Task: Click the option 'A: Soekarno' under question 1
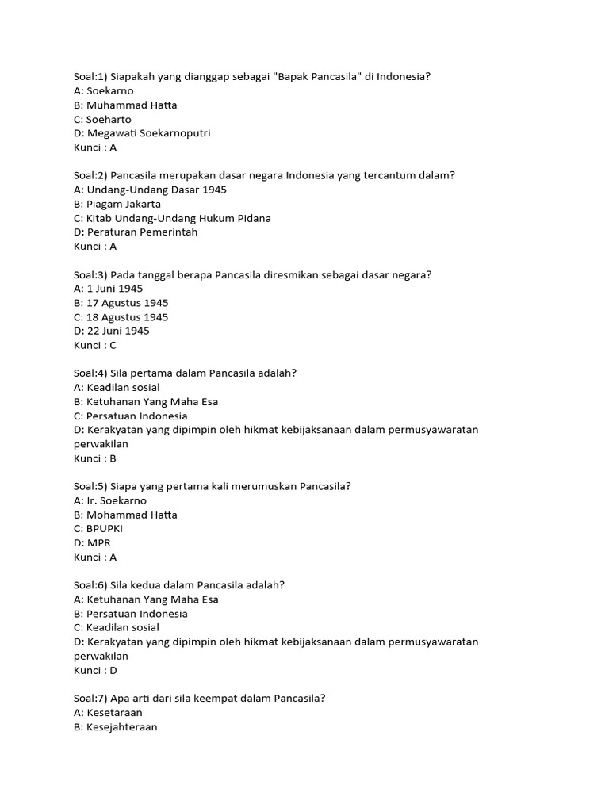click(104, 91)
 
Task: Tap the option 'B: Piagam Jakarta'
click(117, 204)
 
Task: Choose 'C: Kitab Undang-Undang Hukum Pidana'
click(172, 218)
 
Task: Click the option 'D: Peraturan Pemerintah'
click(136, 232)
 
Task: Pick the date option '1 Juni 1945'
click(109, 289)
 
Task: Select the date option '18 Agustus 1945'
click(121, 317)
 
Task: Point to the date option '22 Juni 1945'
click(111, 331)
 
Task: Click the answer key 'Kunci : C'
click(95, 345)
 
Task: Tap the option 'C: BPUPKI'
click(98, 529)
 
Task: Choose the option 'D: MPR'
click(92, 542)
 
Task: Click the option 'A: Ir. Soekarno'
click(110, 500)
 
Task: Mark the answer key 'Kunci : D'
click(95, 670)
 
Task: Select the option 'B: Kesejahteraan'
click(116, 726)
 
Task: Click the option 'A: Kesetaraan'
click(109, 712)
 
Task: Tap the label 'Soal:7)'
click(90, 698)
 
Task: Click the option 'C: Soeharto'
click(103, 119)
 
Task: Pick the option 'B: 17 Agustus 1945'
click(121, 303)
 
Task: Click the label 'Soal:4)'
click(90, 373)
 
